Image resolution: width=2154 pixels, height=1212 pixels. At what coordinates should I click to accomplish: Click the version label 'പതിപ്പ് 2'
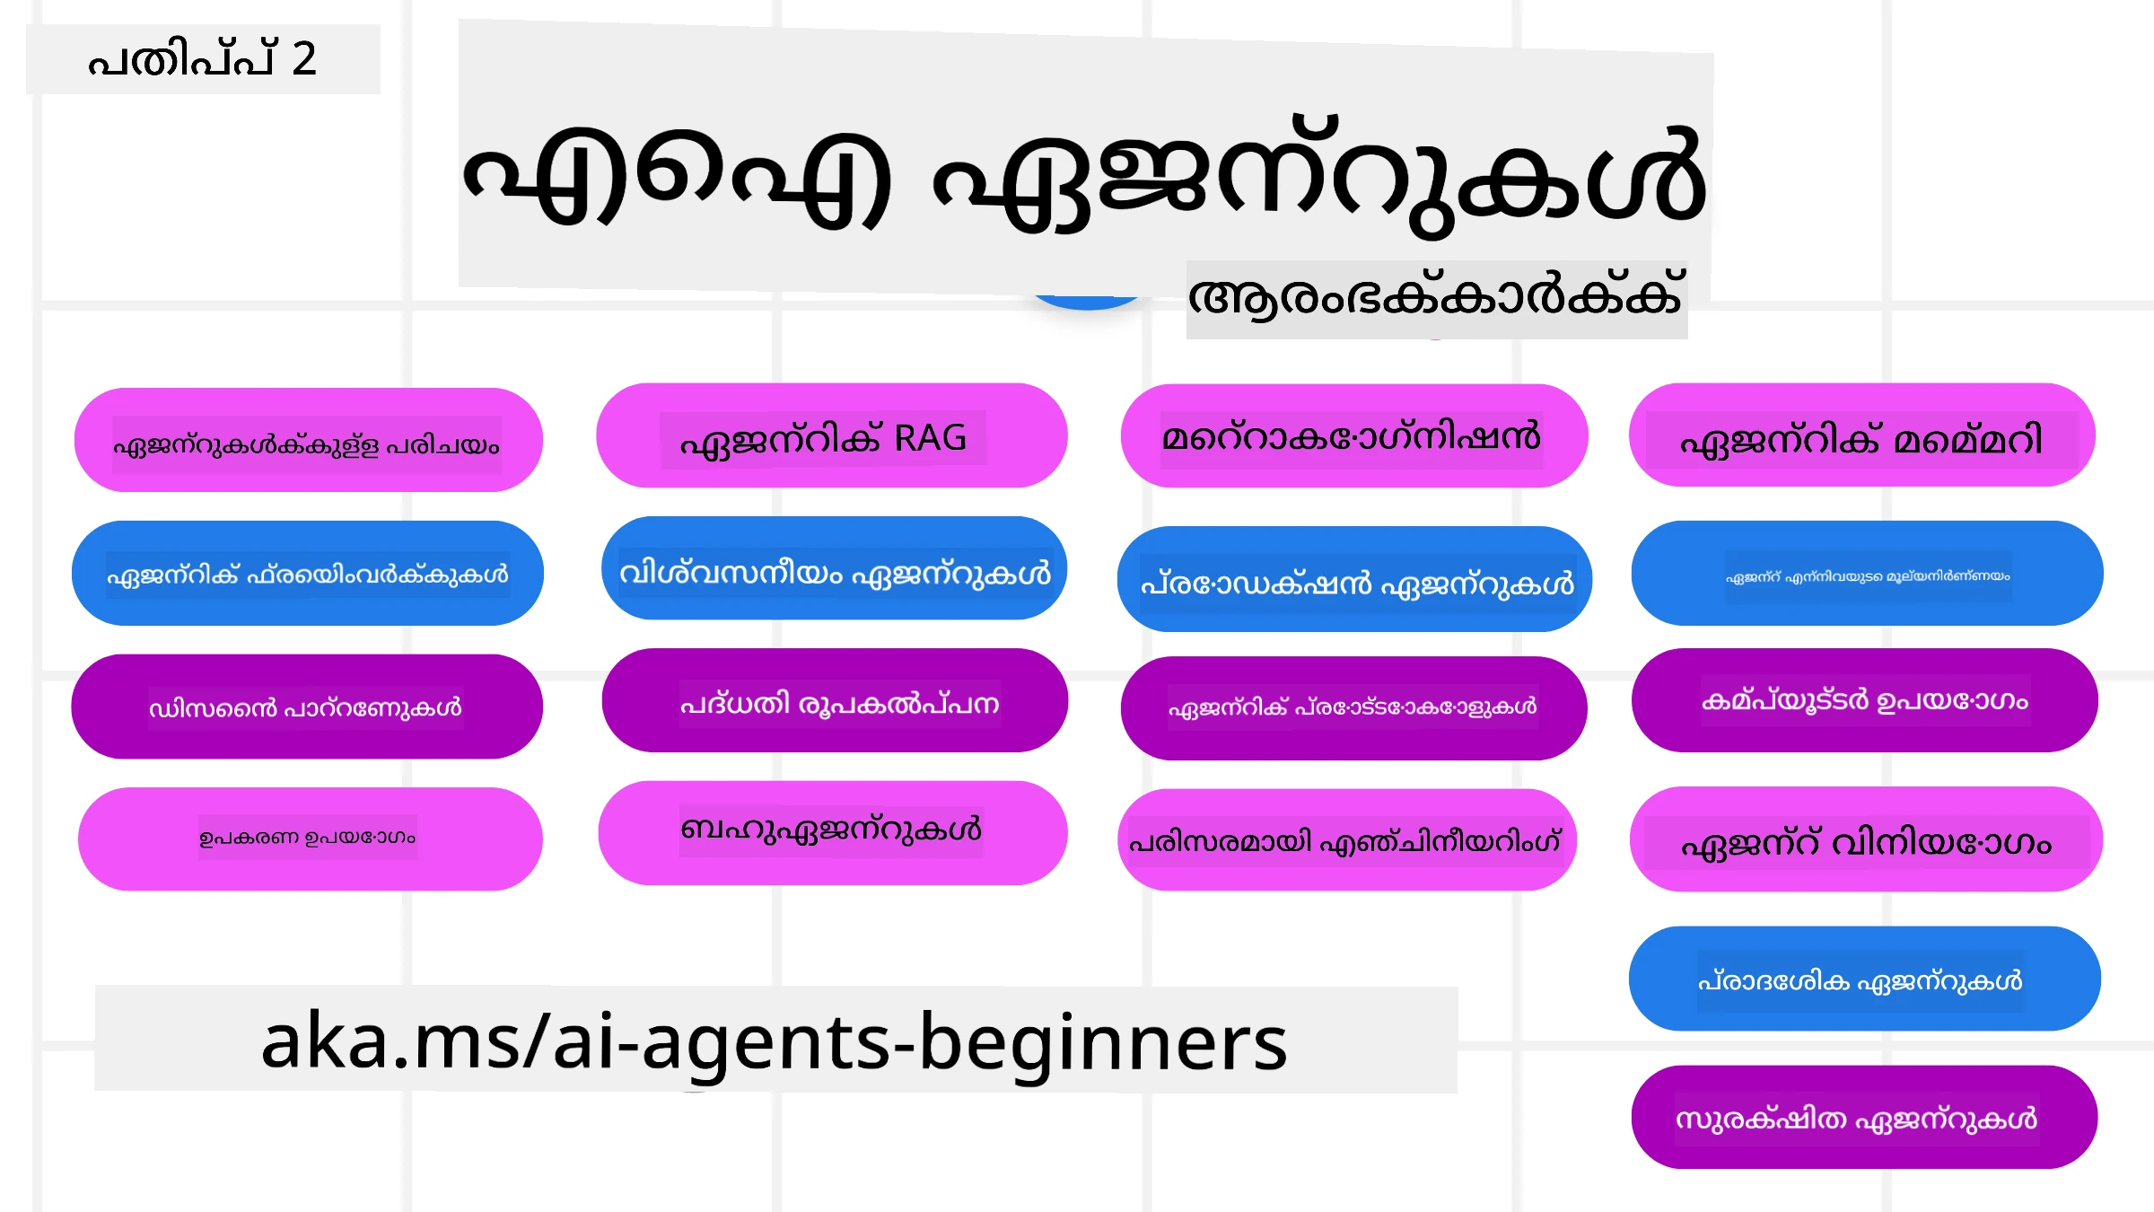pyautogui.click(x=203, y=59)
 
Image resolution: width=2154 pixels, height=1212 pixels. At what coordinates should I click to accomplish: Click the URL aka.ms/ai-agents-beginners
pyautogui.click(x=774, y=1041)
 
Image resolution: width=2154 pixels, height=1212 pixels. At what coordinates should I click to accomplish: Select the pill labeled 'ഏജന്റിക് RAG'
pyautogui.click(x=831, y=437)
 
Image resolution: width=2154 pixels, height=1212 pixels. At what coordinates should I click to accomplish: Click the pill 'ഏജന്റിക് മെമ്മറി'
pyautogui.click(x=1861, y=437)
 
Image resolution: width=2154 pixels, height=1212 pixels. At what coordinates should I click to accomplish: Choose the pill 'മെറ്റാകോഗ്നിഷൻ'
pyautogui.click(x=1353, y=437)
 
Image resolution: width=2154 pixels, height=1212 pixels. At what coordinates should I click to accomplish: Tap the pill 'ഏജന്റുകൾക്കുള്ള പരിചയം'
pyautogui.click(x=307, y=442)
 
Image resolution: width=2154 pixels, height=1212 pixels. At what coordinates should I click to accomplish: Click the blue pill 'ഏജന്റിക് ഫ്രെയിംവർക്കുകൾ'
pyautogui.click(x=307, y=574)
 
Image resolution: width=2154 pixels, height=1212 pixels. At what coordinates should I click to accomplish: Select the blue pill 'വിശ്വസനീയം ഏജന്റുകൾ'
pyautogui.click(x=835, y=570)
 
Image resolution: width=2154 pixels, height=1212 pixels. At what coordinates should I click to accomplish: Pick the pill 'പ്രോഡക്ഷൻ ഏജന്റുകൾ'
pyautogui.click(x=1355, y=581)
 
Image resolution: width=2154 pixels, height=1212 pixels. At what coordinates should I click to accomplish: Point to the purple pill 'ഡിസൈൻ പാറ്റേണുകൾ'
pyautogui.click(x=307, y=707)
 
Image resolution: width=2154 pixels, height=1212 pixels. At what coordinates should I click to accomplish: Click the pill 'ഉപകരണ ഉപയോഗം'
pyautogui.click(x=309, y=839)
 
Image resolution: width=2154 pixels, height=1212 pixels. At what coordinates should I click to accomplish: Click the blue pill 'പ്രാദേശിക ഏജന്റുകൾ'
pyautogui.click(x=1863, y=979)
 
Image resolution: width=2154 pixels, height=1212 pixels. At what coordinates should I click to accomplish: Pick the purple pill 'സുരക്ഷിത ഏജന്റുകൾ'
pyautogui.click(x=1863, y=1118)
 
